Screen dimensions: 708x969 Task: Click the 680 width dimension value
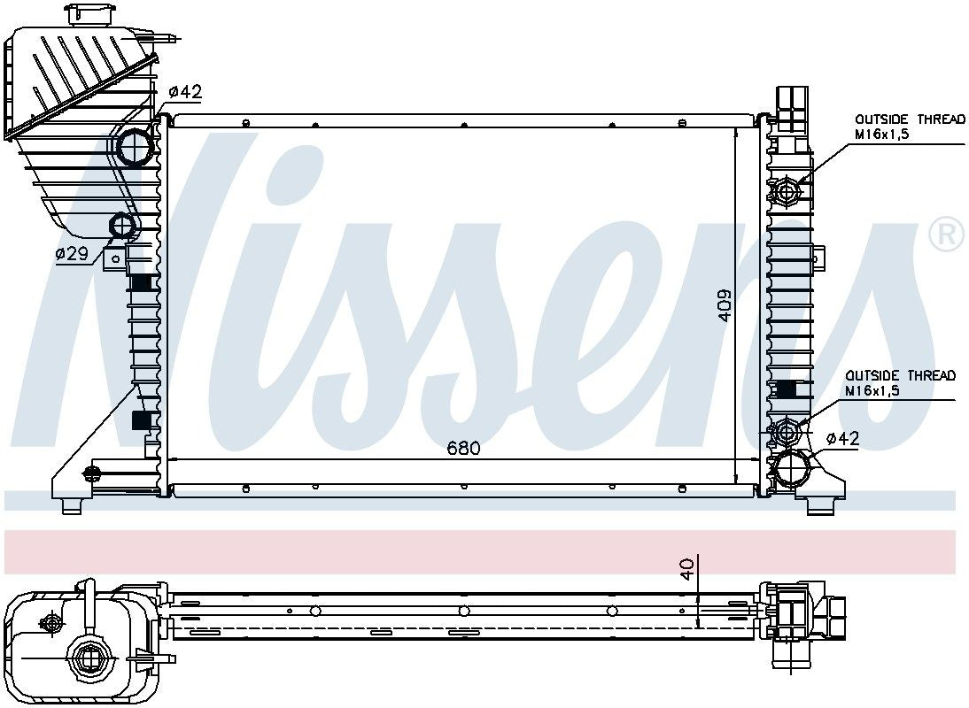(463, 449)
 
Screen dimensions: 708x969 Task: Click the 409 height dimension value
(725, 305)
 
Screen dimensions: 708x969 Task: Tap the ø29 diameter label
(72, 254)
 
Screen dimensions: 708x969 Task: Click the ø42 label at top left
(185, 91)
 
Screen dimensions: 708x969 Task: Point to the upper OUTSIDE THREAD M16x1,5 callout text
(908, 127)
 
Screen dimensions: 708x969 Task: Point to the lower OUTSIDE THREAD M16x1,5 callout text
(899, 382)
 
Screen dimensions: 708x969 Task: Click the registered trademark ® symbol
(945, 234)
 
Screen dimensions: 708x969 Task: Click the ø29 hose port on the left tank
(123, 227)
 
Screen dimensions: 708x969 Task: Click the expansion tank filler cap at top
(89, 14)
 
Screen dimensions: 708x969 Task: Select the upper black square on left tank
(141, 283)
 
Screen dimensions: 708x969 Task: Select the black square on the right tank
(785, 389)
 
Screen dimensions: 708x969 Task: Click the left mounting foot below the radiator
(71, 505)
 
